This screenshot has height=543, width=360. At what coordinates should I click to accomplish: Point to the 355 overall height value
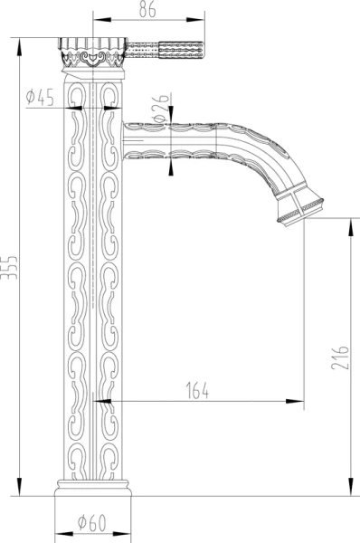9,268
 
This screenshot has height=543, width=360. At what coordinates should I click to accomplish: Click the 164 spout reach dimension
197,391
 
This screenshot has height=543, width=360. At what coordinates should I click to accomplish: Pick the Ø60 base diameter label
91,522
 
